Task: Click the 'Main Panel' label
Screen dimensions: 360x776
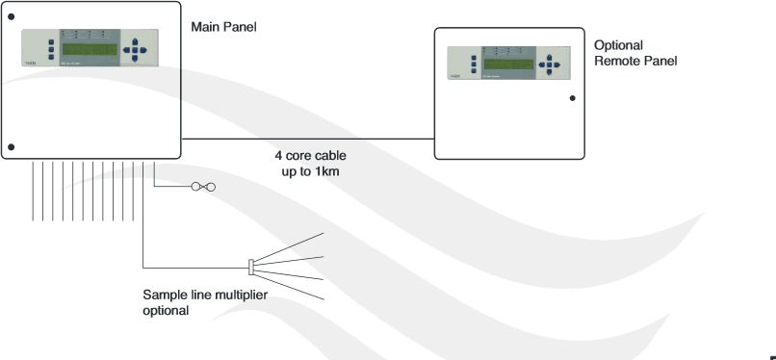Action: pyautogui.click(x=224, y=27)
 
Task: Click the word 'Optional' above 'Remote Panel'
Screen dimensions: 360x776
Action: pyautogui.click(x=619, y=45)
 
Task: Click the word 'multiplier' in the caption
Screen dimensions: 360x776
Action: pyautogui.click(x=235, y=296)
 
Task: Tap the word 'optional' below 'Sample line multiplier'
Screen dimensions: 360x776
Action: pyautogui.click(x=167, y=311)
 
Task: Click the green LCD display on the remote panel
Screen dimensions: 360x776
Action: pyautogui.click(x=507, y=64)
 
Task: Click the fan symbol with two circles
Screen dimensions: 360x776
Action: pyautogui.click(x=203, y=187)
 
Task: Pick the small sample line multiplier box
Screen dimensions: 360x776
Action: pyautogui.click(x=251, y=265)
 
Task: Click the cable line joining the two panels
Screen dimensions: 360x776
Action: pyautogui.click(x=308, y=139)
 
